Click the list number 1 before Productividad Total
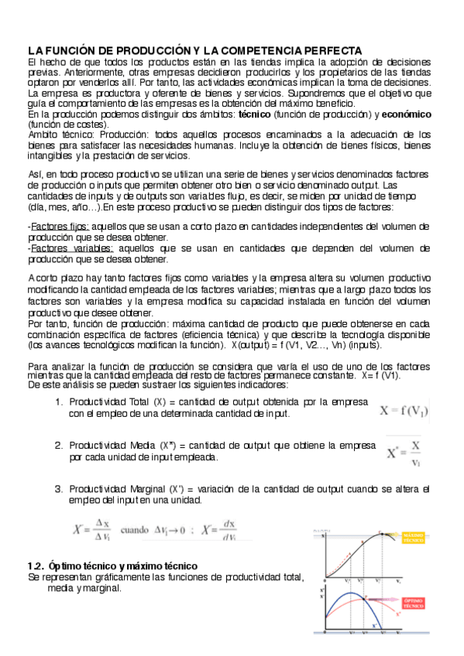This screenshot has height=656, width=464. tap(59, 402)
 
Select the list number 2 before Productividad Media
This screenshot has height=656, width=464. tap(59, 446)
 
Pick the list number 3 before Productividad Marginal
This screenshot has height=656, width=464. tap(59, 489)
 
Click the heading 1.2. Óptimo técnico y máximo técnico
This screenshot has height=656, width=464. tap(112, 565)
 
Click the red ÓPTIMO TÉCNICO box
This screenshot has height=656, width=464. tap(413, 600)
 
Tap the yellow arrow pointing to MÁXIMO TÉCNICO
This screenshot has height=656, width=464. tap(390, 535)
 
